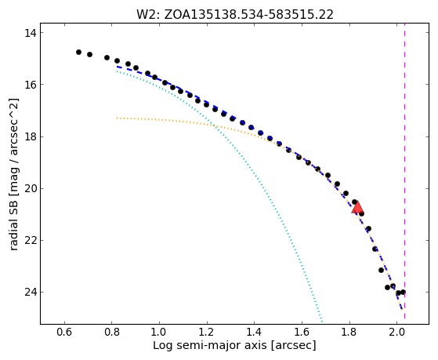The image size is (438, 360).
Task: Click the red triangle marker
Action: coord(358,208)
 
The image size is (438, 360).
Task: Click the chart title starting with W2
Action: coord(235,15)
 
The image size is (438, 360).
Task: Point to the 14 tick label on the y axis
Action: coord(30,33)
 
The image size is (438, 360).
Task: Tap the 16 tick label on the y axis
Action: coord(30,85)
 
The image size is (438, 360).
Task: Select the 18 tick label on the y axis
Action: coord(30,136)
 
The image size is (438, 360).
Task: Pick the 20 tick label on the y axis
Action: coord(30,189)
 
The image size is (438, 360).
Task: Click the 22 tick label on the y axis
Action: coord(30,241)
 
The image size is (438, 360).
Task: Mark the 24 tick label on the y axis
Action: coord(30,293)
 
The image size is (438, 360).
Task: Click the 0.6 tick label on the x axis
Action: coord(64,333)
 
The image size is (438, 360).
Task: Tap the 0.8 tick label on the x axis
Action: coord(112,333)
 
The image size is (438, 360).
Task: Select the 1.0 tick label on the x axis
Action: coord(159,333)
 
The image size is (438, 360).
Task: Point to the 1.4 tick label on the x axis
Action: coord(254,333)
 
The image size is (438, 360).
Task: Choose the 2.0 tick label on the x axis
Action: coord(396,333)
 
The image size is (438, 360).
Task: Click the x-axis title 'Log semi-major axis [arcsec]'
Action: coord(234,346)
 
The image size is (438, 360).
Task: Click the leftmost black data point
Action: coord(79,52)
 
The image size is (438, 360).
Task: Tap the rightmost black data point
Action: coord(403,292)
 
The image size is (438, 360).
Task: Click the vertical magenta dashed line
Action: coord(405,173)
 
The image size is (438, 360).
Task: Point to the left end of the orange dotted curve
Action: coord(117,118)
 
